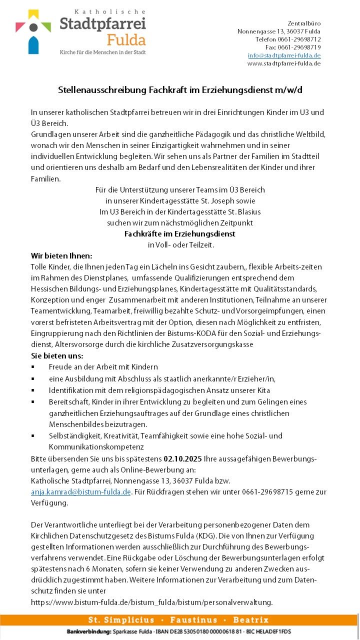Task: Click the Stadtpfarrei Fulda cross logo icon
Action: click(33, 31)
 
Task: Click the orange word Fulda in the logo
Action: click(126, 39)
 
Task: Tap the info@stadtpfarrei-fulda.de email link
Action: click(284, 55)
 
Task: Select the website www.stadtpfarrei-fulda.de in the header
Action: click(283, 63)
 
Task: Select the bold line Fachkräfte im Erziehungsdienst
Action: click(179, 233)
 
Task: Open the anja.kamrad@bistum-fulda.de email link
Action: click(81, 492)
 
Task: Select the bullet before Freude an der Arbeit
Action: click(33, 367)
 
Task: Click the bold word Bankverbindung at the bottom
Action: click(88, 632)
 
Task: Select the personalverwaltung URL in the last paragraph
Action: click(151, 602)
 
